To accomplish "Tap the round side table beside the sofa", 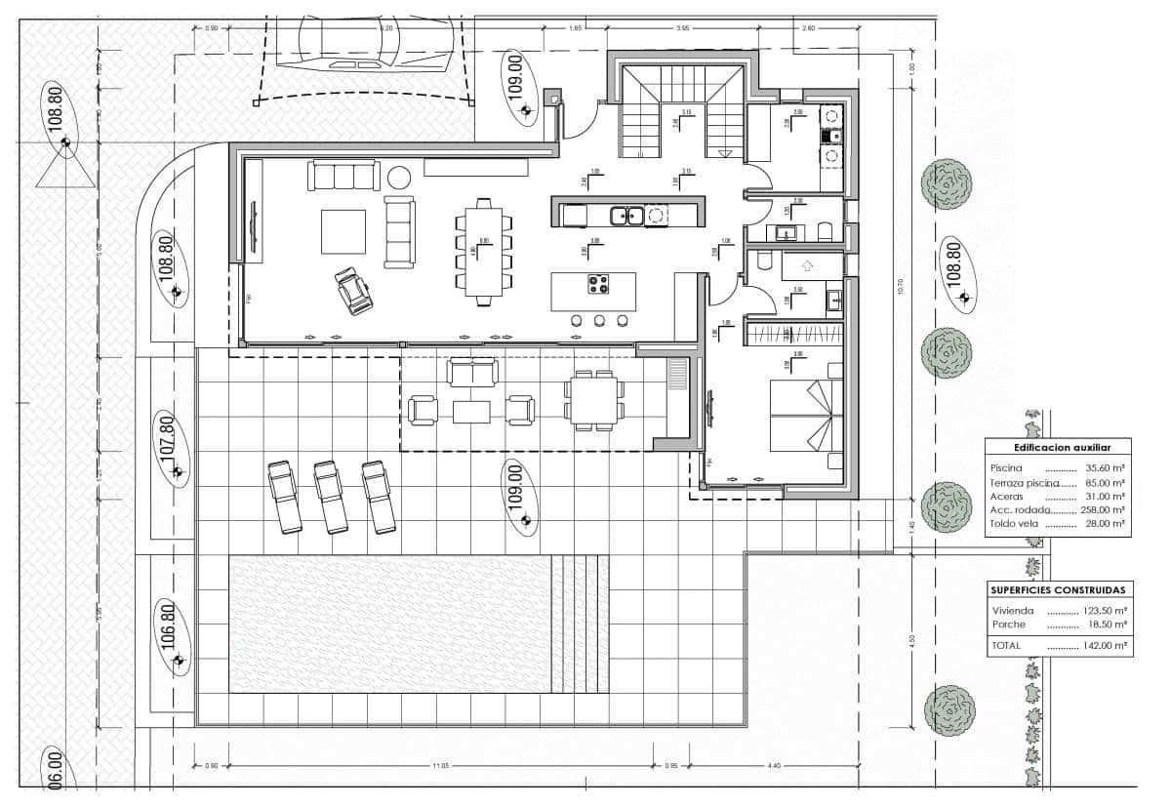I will point(399,178).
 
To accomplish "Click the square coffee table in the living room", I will point(343,231).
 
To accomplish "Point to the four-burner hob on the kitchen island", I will point(598,285).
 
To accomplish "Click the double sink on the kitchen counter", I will point(625,215).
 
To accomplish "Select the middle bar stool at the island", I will point(599,320).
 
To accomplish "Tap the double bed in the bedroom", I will point(806,416).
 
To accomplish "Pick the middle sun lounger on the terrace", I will point(331,497).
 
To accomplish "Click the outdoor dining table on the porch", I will point(593,400).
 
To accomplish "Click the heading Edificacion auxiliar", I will point(1058,447).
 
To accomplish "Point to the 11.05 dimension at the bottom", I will point(439,766).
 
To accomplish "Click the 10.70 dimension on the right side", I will point(901,286).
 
